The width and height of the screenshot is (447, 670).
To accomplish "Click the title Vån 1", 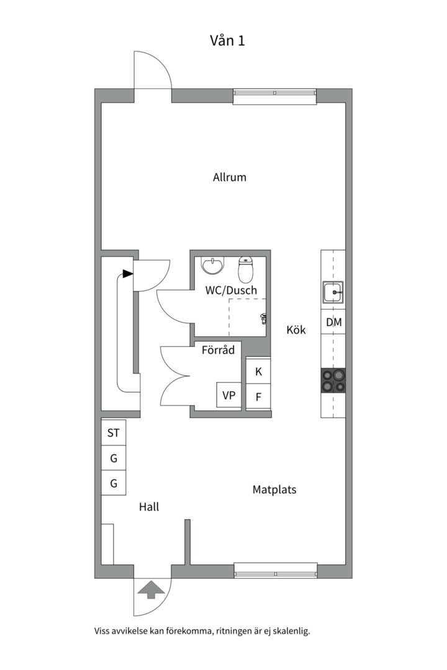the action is (x=227, y=40).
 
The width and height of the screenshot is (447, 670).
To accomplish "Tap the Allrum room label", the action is (x=230, y=177).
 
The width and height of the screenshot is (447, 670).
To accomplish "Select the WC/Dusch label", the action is (x=232, y=290).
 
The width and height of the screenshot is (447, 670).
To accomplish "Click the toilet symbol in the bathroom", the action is (x=246, y=269).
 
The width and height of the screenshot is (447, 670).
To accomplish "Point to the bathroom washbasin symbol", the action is (x=212, y=266).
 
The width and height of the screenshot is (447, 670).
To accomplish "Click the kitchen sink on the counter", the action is (x=333, y=292).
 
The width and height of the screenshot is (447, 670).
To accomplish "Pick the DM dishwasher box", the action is (x=333, y=322).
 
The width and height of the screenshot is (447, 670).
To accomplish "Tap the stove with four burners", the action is (x=333, y=381).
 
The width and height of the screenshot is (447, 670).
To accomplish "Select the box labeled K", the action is (x=258, y=372).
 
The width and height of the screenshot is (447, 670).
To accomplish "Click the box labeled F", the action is (x=258, y=397).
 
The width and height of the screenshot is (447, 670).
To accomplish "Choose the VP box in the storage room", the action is (x=229, y=395).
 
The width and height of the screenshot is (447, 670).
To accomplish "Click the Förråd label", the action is (x=218, y=350).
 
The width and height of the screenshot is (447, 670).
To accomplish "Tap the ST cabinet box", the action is (x=114, y=433).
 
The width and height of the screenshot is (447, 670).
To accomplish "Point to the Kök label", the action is (x=296, y=329).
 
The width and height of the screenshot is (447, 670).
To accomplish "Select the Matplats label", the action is (x=274, y=489).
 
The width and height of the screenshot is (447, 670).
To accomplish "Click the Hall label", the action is (x=149, y=507).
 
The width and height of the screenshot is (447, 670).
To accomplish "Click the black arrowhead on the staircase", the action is (x=127, y=274).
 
